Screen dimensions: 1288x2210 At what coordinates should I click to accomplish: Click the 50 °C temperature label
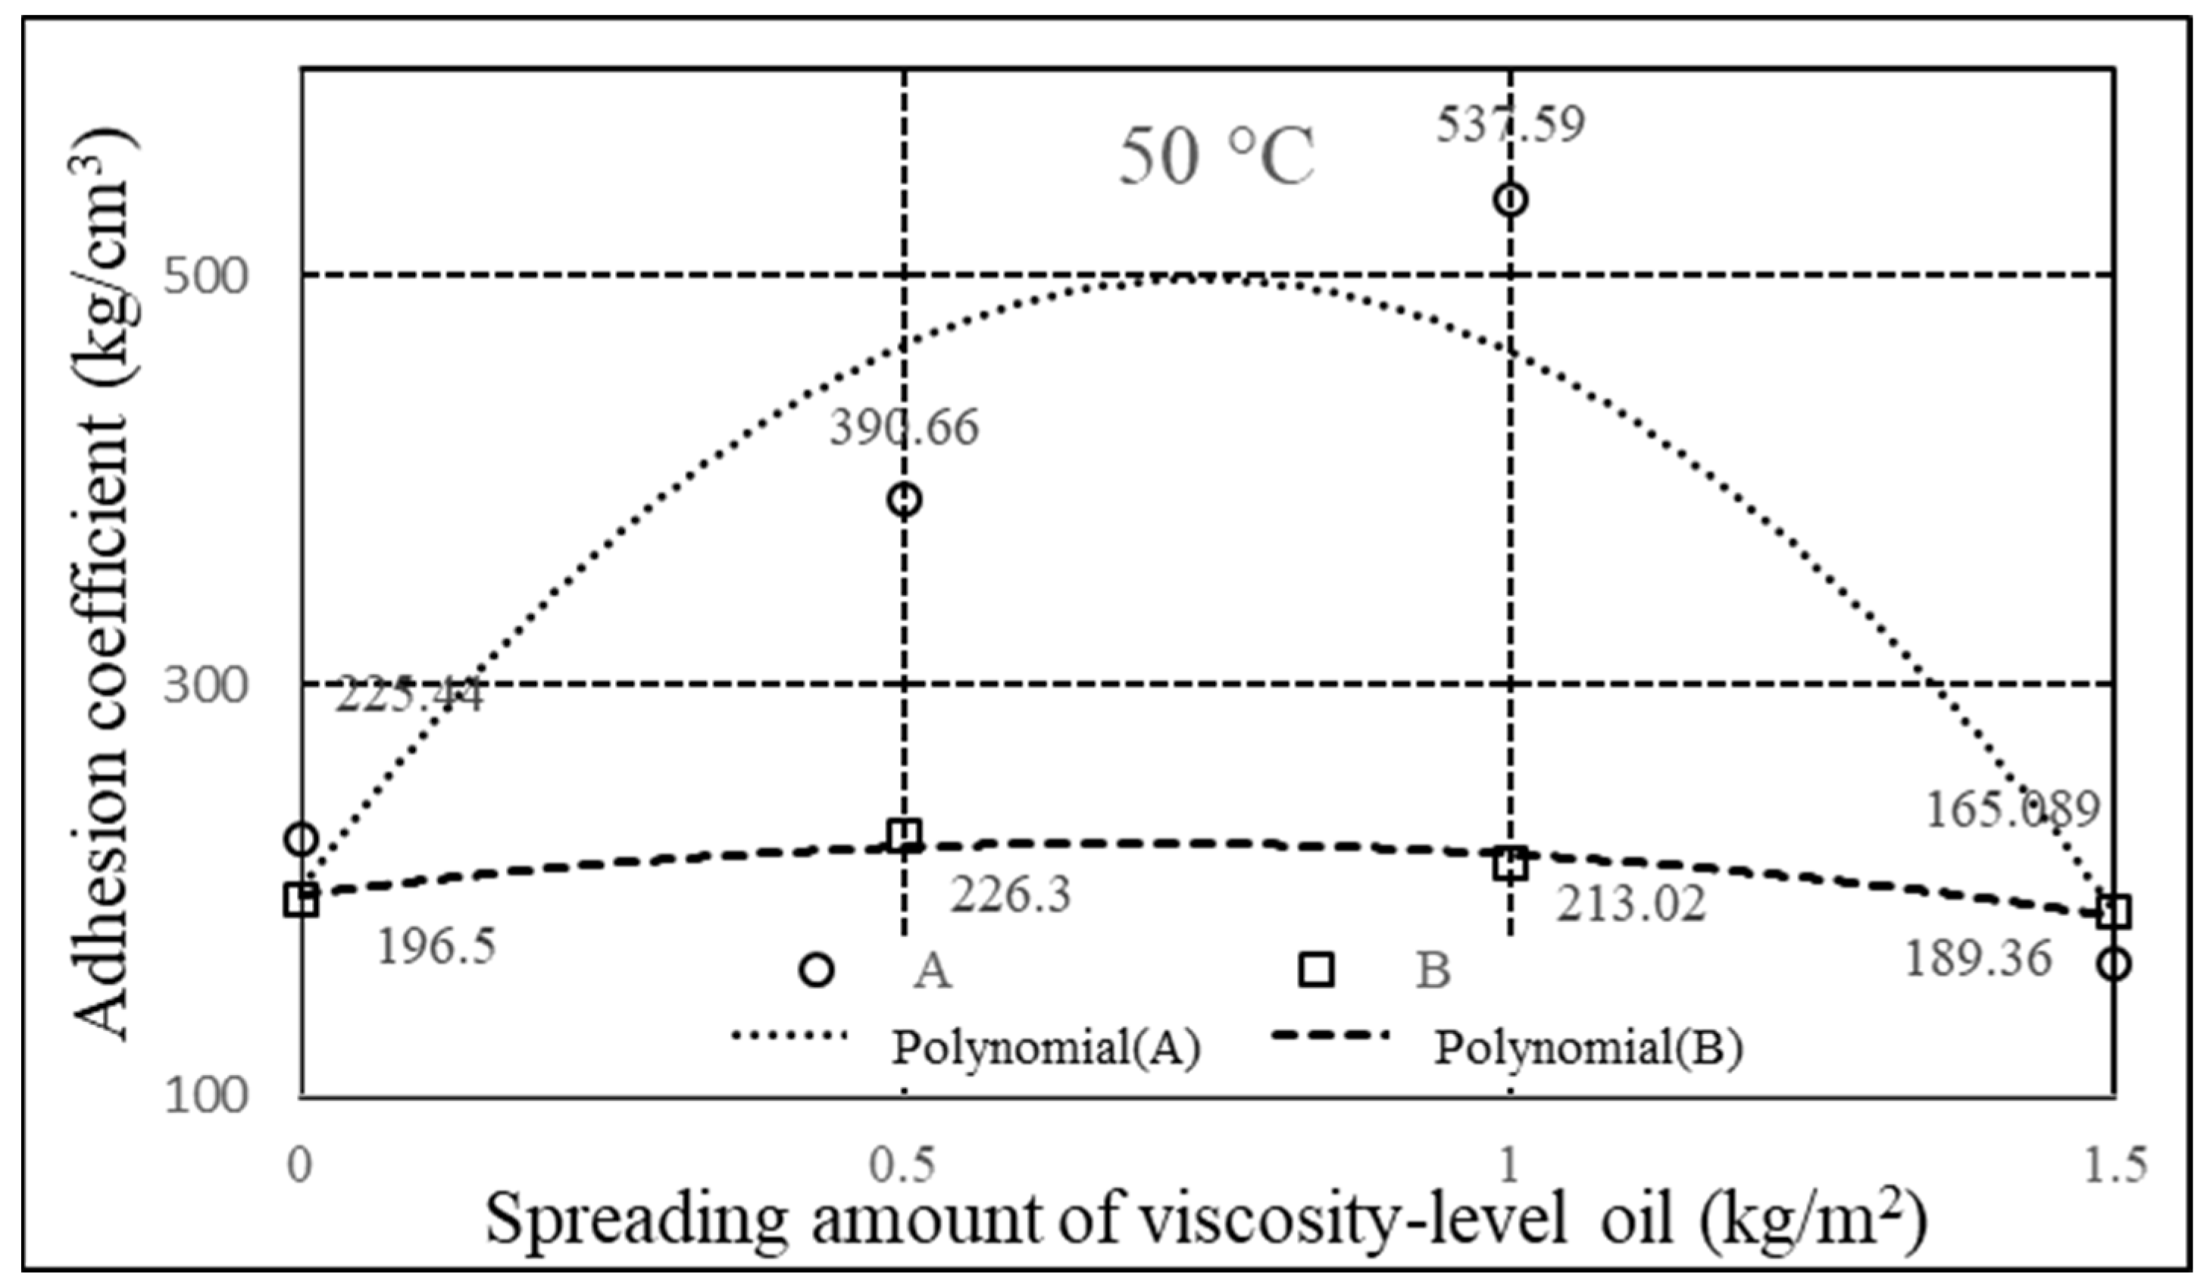point(1217,158)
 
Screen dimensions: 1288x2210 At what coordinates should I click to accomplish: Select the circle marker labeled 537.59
point(1510,200)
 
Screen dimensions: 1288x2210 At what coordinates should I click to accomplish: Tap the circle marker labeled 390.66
point(904,500)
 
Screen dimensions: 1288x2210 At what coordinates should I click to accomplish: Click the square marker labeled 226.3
point(904,836)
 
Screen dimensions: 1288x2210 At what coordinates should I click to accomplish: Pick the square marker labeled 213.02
point(1510,864)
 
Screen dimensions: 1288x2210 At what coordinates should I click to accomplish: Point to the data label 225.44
point(408,697)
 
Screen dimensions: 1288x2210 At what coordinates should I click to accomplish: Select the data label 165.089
point(2013,810)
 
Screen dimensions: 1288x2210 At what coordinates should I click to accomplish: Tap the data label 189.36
point(1978,959)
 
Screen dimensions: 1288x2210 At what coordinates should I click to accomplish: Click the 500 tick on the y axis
point(206,277)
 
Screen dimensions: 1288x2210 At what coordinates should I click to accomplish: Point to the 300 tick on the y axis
point(206,685)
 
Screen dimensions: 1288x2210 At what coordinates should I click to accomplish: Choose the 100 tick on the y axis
point(206,1096)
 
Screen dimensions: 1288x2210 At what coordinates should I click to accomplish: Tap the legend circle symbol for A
point(817,970)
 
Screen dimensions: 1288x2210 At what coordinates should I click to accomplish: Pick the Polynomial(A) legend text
point(1046,1048)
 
